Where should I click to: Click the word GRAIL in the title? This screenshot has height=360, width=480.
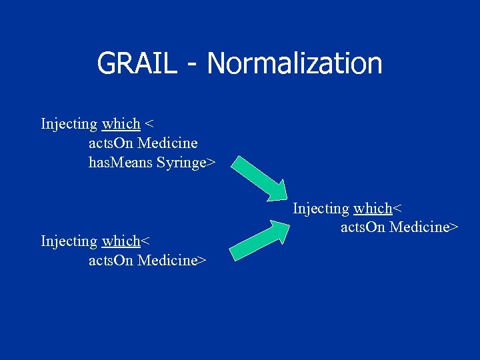pos(137,64)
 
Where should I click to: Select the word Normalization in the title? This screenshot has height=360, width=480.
pos(294,64)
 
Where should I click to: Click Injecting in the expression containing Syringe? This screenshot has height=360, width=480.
pos(69,124)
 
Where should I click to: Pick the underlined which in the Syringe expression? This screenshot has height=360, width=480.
pos(121,124)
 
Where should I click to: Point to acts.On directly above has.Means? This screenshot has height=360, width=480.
pos(111,143)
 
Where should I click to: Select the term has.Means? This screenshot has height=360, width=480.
pos(121,163)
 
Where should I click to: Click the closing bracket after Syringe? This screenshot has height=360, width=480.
pos(212,163)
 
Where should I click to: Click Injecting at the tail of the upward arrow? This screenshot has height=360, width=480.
pos(69,241)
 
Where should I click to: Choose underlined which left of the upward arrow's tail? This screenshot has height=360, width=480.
pos(121,241)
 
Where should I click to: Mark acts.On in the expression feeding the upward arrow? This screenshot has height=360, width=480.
pos(111,260)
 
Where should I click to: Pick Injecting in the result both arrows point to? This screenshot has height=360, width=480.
pos(321,209)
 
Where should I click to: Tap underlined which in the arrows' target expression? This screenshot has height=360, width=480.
pos(373,209)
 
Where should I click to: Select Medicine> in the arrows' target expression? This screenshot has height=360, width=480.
pos(423,227)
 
